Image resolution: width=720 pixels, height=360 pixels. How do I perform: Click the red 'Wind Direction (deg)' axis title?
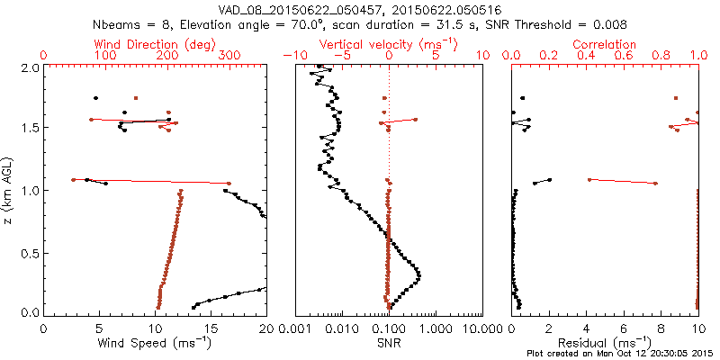(156, 44)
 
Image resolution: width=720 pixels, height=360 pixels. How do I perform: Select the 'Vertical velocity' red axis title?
(388, 44)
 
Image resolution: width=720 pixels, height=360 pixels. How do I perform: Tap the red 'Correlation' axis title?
(605, 44)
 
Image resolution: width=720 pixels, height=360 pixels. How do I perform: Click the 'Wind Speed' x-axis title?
(155, 343)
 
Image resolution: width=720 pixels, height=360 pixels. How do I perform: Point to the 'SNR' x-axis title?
(388, 343)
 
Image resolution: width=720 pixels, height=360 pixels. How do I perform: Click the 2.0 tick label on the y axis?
(30, 67)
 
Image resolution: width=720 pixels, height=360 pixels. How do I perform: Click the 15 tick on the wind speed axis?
(211, 329)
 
